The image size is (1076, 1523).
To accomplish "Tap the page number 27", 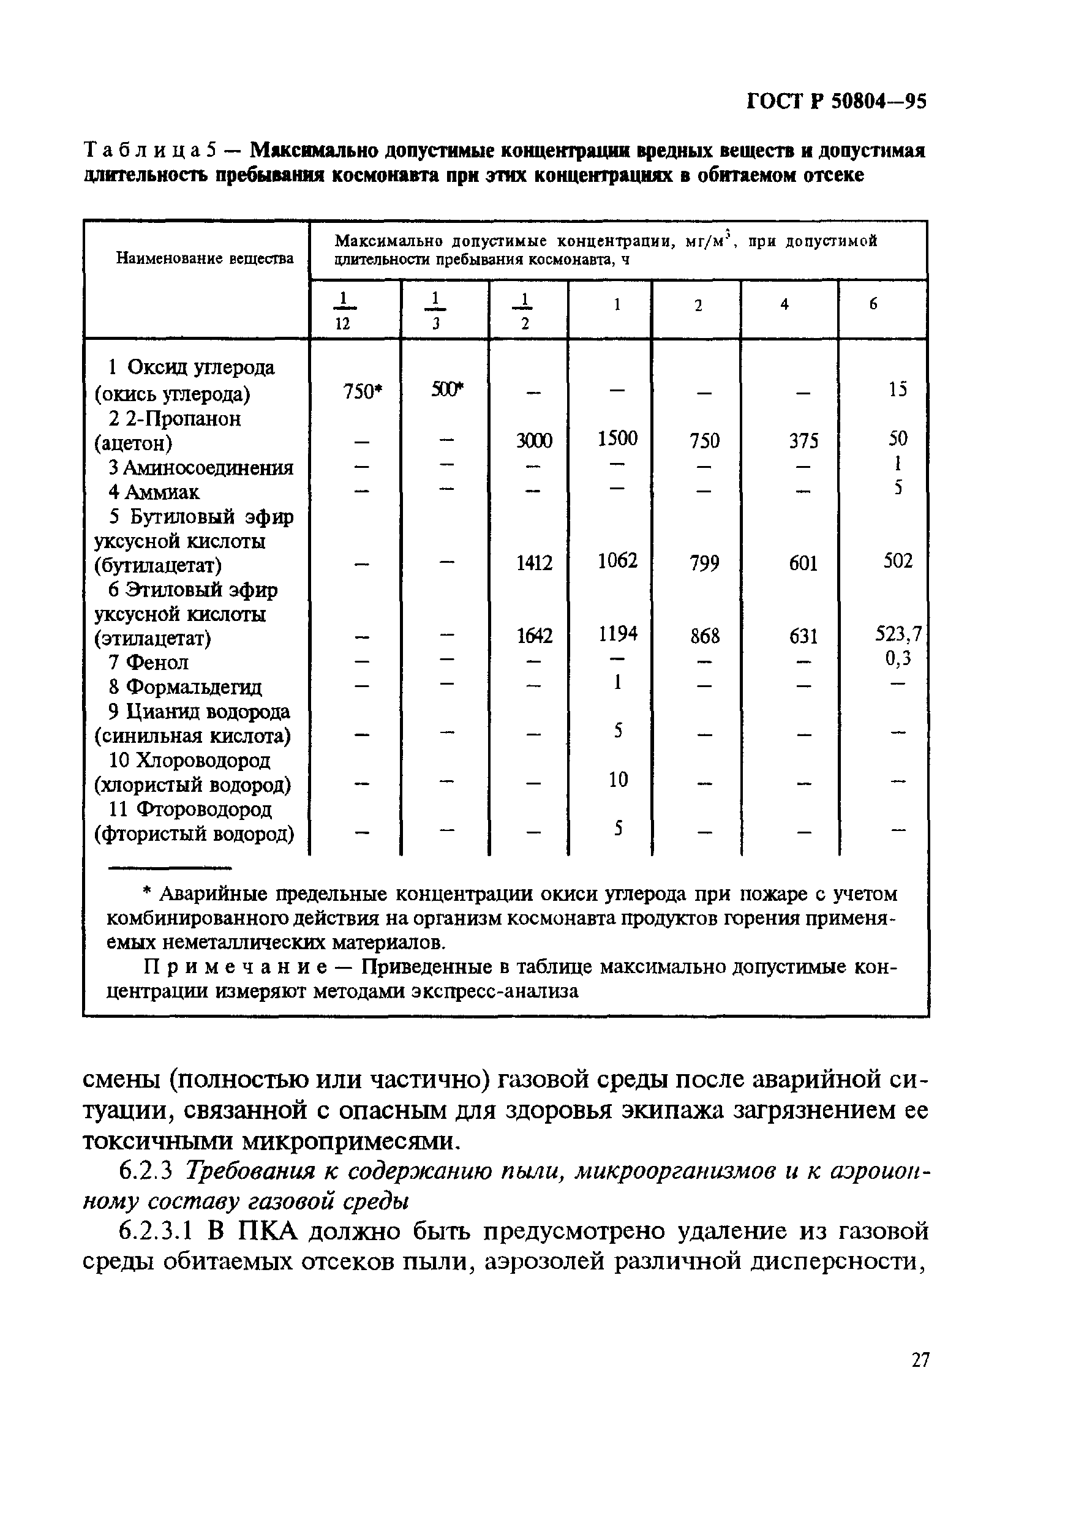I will coord(920,1377).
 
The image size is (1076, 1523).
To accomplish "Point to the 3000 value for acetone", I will coord(534,440).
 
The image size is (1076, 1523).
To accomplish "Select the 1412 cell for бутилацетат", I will coord(534,563).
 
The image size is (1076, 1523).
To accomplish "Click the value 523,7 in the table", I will coord(898,635).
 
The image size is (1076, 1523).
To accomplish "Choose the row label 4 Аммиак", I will coord(154,492).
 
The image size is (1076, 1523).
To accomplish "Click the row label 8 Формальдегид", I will coord(186,686).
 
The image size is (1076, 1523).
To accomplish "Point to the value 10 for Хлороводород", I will coord(617,780).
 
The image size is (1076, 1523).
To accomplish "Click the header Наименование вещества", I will coord(205,258).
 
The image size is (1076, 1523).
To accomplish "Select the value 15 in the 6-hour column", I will coord(898,389).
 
